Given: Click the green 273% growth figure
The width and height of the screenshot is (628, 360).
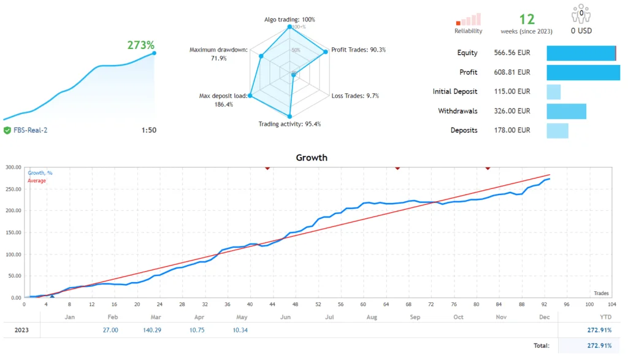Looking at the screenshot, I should coord(140,45).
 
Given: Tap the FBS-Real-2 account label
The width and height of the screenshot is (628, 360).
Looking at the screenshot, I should coord(30,130).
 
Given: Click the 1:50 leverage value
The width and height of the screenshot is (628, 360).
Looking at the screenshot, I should coord(148,130).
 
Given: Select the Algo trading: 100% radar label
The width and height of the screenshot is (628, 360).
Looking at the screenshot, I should coord(289,20).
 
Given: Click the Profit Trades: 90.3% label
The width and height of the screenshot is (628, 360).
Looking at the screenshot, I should coord(358,50).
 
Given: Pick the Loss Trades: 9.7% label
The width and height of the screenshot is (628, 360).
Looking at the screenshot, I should coord(355,96).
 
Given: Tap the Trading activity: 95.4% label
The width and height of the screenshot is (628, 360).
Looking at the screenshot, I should coord(289,124).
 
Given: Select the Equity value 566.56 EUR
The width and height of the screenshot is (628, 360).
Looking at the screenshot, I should coord(512,53).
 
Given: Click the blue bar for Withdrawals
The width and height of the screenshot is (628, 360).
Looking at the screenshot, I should coord(566,111).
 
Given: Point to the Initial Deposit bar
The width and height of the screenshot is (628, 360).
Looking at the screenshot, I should coord(553,92).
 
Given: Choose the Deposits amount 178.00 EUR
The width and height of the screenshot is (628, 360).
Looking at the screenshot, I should coord(512,130).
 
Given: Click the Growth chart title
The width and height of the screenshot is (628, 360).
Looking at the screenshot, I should coord(312,158).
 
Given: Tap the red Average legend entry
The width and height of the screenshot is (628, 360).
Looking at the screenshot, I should coord(37,180).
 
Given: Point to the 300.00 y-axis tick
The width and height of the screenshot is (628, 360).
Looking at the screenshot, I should coord(13,167).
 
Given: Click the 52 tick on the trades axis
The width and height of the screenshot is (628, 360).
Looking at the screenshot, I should coord(318,304).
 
